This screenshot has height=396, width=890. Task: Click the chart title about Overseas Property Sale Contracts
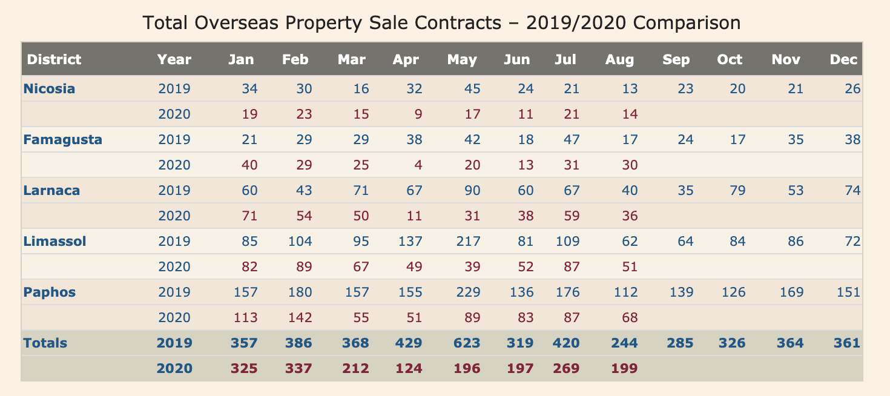pos(441,24)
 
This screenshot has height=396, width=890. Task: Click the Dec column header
pos(843,59)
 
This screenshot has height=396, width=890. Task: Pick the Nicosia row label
pos(49,89)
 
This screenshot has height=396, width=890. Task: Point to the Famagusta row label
pos(62,140)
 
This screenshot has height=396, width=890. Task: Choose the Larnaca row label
pos(51,191)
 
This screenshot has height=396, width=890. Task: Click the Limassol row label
pos(54,242)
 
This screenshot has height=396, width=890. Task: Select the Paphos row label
pos(49,292)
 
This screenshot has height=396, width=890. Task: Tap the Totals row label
pos(45,343)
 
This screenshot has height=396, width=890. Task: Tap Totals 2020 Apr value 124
pos(409,368)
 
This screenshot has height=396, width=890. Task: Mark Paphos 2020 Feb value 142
pos(300,318)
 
